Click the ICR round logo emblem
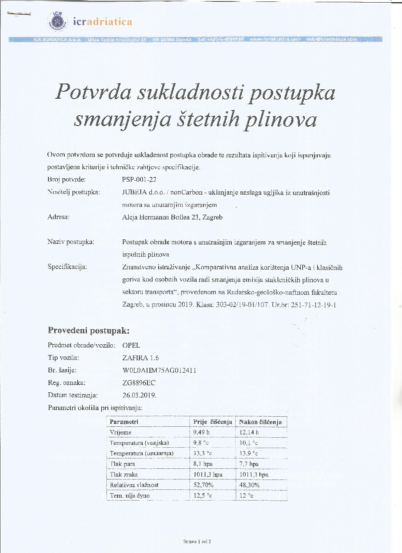point(57,21)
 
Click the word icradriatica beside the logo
point(102,22)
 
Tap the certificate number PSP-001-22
point(139,180)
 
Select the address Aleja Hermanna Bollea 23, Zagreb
point(172,217)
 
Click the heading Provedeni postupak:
point(89,330)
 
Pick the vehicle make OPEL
point(131,345)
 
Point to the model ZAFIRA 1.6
point(140,358)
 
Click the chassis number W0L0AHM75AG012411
point(159,370)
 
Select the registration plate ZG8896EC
point(139,383)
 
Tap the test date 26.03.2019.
point(139,395)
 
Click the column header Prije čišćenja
point(212,422)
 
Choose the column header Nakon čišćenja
point(260,422)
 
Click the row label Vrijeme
point(120,432)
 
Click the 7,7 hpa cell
point(249,464)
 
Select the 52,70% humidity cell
point(203,485)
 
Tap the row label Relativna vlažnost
point(134,485)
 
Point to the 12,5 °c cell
point(202,496)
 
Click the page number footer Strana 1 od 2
point(197,542)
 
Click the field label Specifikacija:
point(67,267)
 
